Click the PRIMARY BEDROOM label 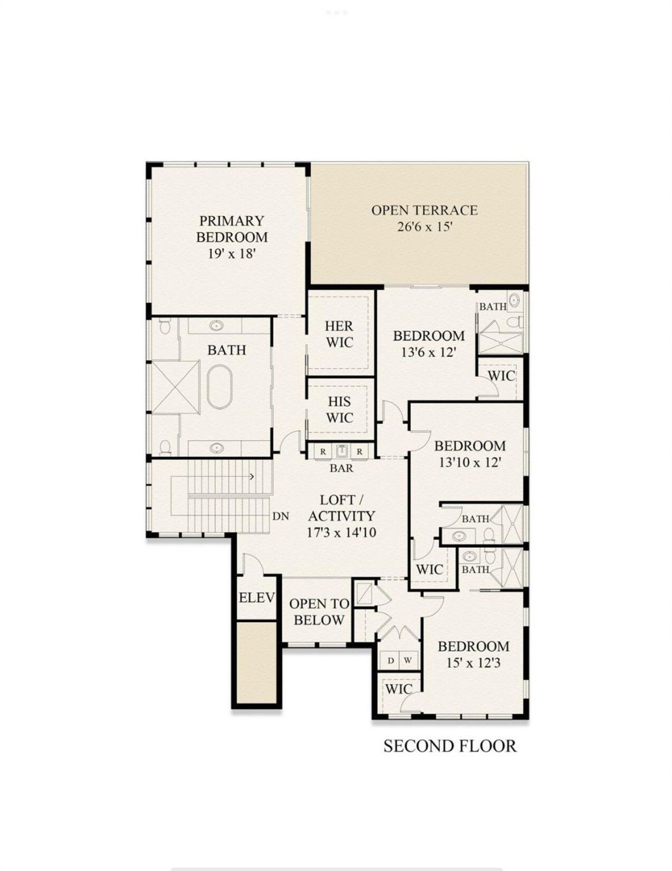point(232,229)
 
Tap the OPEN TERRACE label point(425,210)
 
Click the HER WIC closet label point(339,334)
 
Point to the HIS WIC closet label point(339,409)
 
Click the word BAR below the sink point(341,468)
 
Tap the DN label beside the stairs point(281,516)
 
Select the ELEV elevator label point(256,598)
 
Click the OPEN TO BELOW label point(319,612)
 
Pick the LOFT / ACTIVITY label point(341,508)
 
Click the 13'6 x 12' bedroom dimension point(429,352)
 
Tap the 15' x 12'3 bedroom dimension point(473,663)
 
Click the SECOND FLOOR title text point(450,746)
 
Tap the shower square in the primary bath point(175,387)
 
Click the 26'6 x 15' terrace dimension point(424,227)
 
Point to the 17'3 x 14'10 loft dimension point(341,532)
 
